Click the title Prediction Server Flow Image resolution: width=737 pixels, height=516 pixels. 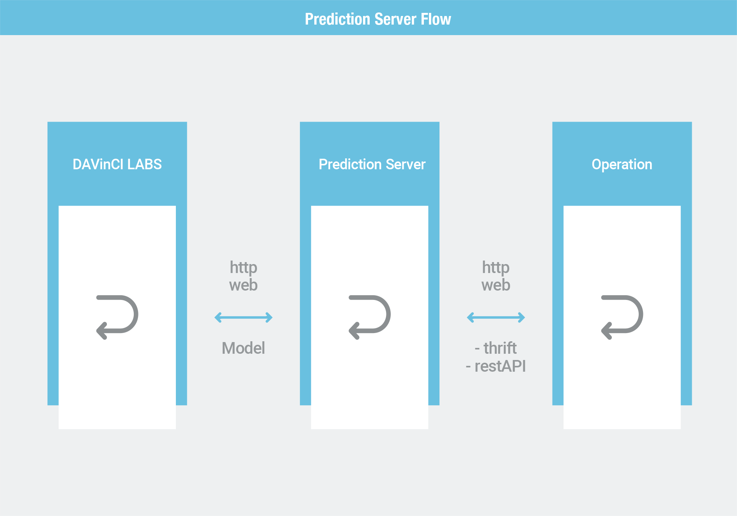tap(378, 19)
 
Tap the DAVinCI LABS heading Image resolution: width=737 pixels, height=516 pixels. tap(117, 164)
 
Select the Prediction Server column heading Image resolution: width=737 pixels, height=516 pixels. tap(372, 164)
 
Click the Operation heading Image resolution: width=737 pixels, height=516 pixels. tap(622, 165)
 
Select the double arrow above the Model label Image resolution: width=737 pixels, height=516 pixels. tap(243, 317)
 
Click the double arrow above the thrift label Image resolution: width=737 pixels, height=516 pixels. tap(496, 317)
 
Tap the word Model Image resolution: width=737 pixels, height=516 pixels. tap(243, 348)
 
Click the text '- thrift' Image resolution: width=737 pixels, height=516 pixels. tap(496, 348)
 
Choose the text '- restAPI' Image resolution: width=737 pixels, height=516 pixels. tap(496, 366)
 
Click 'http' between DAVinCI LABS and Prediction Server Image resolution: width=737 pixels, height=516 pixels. tap(243, 268)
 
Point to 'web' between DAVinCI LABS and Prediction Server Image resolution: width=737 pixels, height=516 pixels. tap(243, 285)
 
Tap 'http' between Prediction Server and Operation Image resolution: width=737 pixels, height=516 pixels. tap(496, 268)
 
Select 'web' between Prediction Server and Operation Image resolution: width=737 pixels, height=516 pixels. tap(496, 285)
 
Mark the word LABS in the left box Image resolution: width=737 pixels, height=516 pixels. tap(144, 164)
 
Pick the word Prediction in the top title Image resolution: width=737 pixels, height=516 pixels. tap(337, 19)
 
